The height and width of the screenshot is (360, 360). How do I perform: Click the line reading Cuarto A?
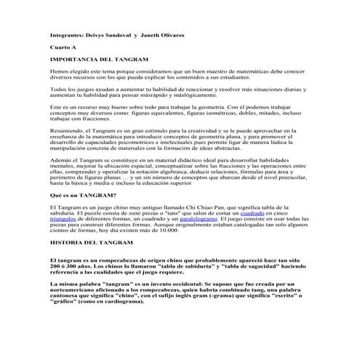click(x=63, y=47)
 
